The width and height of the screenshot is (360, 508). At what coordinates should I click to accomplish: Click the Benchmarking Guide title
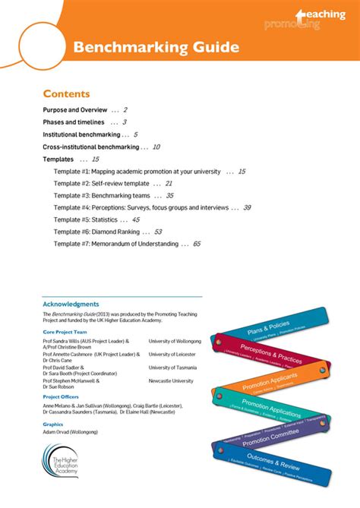pos(156,48)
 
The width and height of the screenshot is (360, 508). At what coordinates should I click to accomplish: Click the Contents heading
pos(66,94)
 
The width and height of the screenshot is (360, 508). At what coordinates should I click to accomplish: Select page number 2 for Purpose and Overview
pos(125,110)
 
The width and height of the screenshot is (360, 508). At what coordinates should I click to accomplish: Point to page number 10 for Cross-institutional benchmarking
pos(156,147)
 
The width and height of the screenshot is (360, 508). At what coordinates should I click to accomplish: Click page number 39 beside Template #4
pos(247,207)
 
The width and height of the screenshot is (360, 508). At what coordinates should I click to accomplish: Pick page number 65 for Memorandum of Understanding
pos(197,244)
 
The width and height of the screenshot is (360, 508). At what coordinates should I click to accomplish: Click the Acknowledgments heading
pos(71,304)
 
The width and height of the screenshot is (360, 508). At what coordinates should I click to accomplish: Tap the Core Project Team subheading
pos(65,332)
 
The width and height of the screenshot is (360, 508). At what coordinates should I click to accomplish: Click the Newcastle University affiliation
pos(171,380)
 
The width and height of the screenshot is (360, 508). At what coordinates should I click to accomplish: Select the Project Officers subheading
pos(62,396)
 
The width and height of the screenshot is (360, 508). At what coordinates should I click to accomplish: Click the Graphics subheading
pos(53,424)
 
